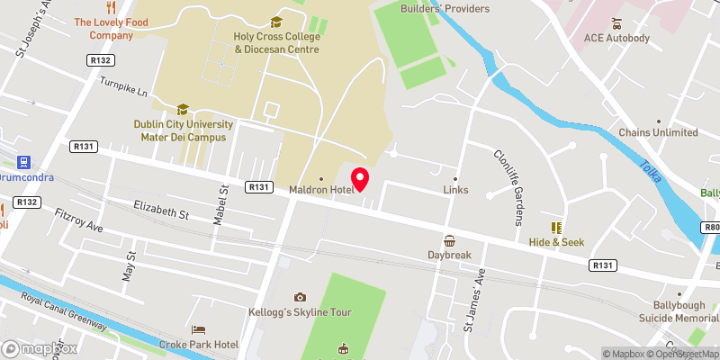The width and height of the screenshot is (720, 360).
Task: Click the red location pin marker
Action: pos(360,177)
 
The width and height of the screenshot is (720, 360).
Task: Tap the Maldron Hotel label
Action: pos(320,190)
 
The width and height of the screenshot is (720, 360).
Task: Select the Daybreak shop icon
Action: pos(449,240)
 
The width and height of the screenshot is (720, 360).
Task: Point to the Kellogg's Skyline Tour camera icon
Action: pos(300,297)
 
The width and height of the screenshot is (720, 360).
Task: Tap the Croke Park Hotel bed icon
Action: pos(199,330)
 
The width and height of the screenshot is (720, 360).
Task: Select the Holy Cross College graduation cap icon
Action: pos(276,22)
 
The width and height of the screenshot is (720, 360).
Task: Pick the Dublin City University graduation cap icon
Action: pos(183,109)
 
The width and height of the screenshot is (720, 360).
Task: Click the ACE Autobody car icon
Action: pos(616,22)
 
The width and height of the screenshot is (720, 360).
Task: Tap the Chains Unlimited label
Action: pos(658,132)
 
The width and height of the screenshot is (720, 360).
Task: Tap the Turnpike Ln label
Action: pos(125,90)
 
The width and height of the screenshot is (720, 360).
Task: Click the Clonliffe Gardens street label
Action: pos(509,186)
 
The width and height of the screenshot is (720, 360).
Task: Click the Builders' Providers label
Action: pos(445,8)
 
